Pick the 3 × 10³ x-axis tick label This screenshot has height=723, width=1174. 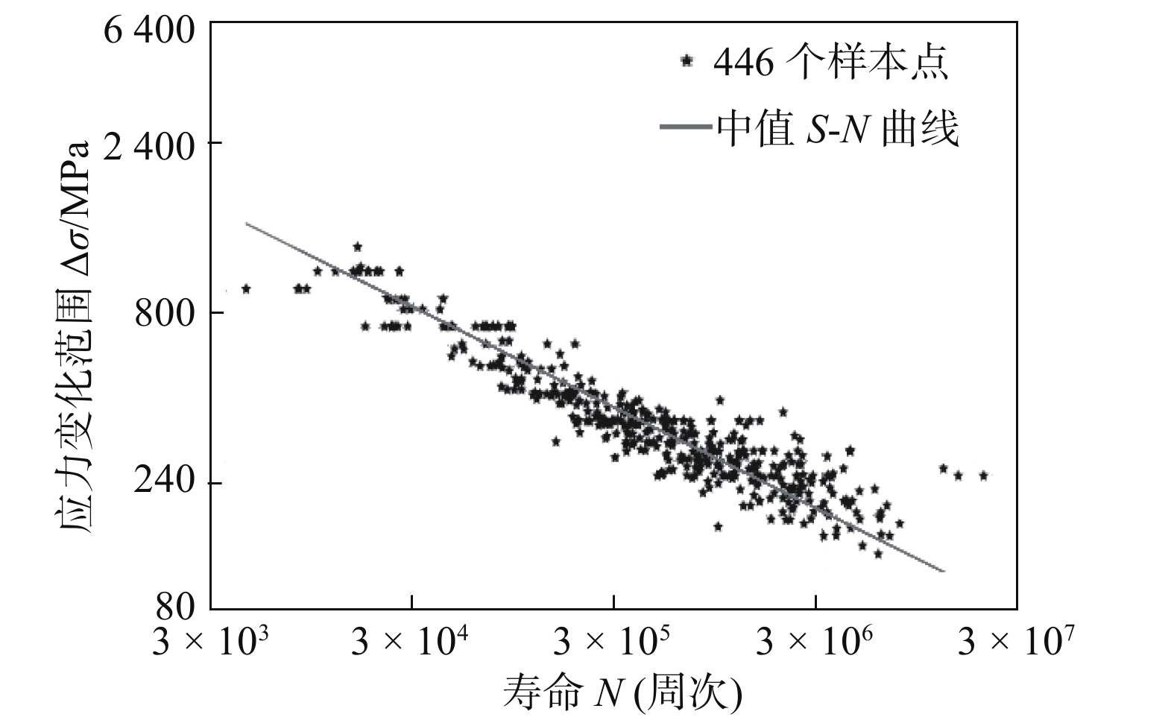point(210,641)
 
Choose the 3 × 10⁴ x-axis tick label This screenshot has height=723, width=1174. point(411,641)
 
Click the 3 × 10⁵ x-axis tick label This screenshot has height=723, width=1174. point(613,641)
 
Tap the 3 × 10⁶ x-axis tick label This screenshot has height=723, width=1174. point(815,641)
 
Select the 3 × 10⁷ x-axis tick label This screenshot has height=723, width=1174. point(1017,641)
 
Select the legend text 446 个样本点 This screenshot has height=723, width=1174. point(830,63)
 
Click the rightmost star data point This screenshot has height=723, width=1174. point(983,475)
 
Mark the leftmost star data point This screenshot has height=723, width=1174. point(246,288)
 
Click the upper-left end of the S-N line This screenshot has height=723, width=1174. point(247,223)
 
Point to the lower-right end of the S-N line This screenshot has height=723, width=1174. point(944,572)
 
